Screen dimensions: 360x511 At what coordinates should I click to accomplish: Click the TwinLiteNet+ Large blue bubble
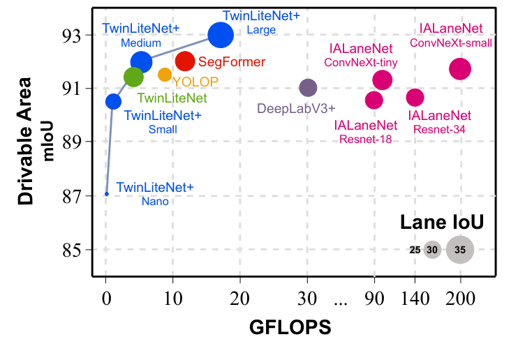pyautogui.click(x=221, y=34)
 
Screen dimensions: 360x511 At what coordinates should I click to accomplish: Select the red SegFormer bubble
pyautogui.click(x=185, y=61)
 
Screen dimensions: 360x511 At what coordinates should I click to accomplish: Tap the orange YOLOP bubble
pyautogui.click(x=165, y=75)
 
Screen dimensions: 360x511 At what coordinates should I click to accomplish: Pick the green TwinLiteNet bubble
pyautogui.click(x=133, y=77)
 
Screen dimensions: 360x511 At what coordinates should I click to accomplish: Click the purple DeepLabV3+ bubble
pyautogui.click(x=308, y=87)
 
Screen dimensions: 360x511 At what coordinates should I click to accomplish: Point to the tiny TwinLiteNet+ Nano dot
pyautogui.click(x=106, y=194)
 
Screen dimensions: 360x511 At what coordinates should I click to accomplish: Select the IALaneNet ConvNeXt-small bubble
pyautogui.click(x=460, y=68)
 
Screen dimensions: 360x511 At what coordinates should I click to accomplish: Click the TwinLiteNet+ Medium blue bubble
pyautogui.click(x=141, y=61)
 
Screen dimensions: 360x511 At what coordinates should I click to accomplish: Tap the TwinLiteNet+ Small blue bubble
pyautogui.click(x=113, y=101)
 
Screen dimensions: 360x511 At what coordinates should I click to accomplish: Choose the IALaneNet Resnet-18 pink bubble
pyautogui.click(x=374, y=100)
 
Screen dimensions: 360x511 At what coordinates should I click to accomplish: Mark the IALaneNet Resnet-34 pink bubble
pyautogui.click(x=415, y=97)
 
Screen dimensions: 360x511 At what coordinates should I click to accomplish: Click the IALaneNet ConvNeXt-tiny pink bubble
pyautogui.click(x=382, y=80)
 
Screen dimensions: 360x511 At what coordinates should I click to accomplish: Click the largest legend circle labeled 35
pyautogui.click(x=460, y=249)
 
